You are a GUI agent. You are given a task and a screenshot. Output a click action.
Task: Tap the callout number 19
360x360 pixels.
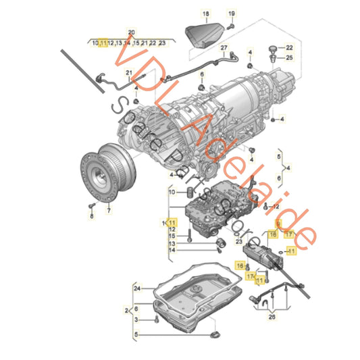pyautogui.click(x=231, y=14)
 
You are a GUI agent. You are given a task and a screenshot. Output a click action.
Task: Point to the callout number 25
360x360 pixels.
pyautogui.click(x=289, y=58)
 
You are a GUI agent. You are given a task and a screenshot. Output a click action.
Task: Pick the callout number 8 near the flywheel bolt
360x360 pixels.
pyautogui.click(x=91, y=215)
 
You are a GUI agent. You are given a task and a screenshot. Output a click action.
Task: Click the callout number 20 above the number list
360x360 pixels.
pyautogui.click(x=131, y=33)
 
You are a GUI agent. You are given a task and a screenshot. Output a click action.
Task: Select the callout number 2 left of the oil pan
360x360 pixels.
pyautogui.click(x=126, y=309)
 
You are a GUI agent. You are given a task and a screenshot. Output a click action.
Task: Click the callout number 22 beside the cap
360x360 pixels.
pyautogui.click(x=289, y=47)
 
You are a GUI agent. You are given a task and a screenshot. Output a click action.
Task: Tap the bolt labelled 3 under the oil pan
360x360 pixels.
pyautogui.click(x=155, y=318)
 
